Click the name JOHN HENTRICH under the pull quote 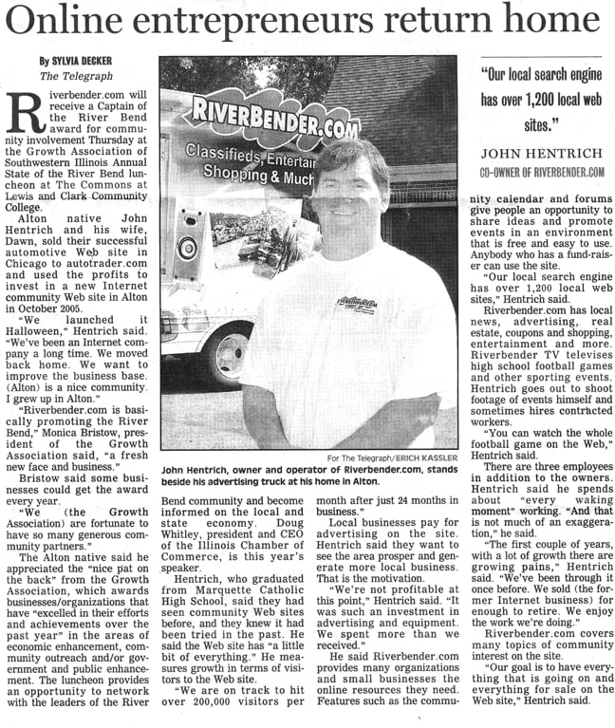(542, 154)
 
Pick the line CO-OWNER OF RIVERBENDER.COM (542, 172)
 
